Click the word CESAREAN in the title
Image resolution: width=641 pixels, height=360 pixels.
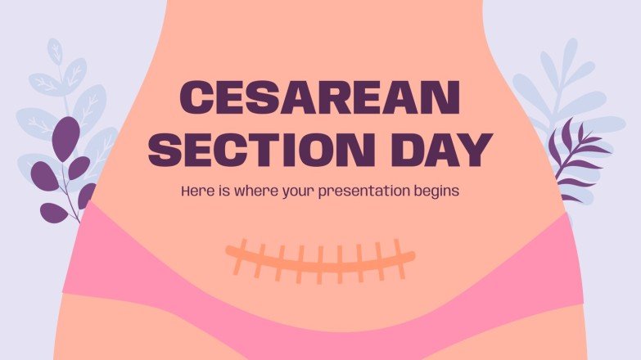click(319, 99)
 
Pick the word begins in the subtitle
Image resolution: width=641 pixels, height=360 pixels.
click(435, 192)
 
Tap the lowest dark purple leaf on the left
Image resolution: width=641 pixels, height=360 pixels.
click(54, 213)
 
